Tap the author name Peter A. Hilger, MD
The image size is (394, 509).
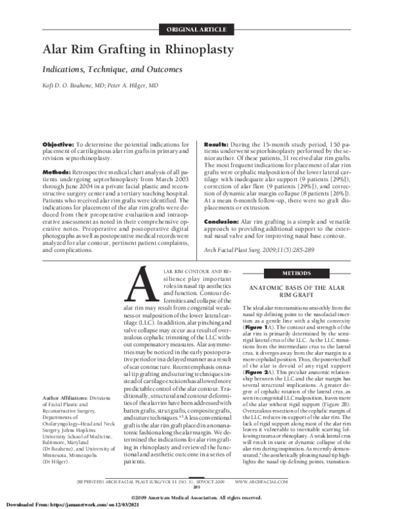(133, 85)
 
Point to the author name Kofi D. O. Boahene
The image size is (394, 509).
(68, 85)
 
